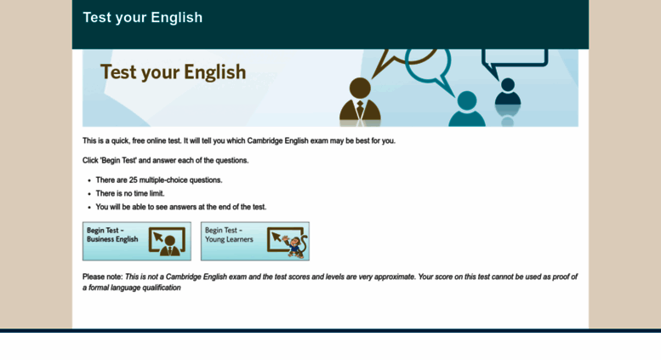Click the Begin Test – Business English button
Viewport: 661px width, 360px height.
point(137,241)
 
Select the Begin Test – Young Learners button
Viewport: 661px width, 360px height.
point(255,241)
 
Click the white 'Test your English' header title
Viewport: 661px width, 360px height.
point(142,17)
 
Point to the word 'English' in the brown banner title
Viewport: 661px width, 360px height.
point(214,72)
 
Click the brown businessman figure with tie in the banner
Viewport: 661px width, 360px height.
point(360,102)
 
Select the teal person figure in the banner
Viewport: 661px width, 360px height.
point(467,109)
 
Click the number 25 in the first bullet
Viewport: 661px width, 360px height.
point(134,180)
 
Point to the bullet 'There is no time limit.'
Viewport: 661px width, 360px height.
point(130,193)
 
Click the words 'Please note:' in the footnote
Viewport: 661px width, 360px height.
point(102,277)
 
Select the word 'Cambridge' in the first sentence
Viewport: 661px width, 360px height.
point(265,140)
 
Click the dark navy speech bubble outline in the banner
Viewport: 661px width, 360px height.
point(514,63)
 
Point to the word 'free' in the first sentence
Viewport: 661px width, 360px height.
point(139,140)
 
